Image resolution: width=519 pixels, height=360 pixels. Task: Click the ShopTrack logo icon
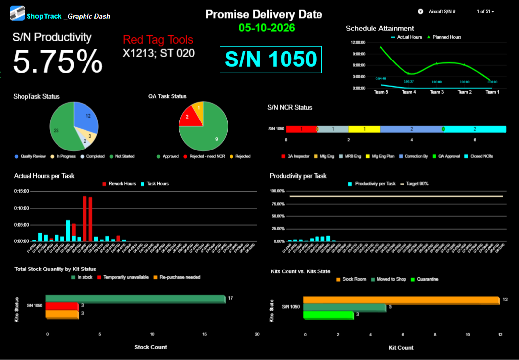(18, 13)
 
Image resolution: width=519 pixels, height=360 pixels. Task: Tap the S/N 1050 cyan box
(271, 60)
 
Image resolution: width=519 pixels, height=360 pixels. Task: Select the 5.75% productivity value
(58, 62)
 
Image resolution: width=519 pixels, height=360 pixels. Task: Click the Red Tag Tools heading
(158, 40)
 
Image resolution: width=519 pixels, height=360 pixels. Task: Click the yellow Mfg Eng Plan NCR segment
(364, 129)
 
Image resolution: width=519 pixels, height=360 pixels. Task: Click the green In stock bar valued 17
(135, 299)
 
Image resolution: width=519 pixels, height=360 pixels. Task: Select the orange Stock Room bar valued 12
(401, 300)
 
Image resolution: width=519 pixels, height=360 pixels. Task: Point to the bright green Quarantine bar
(328, 315)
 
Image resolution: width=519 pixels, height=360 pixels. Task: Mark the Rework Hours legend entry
(119, 184)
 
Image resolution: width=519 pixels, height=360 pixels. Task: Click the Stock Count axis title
(150, 347)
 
